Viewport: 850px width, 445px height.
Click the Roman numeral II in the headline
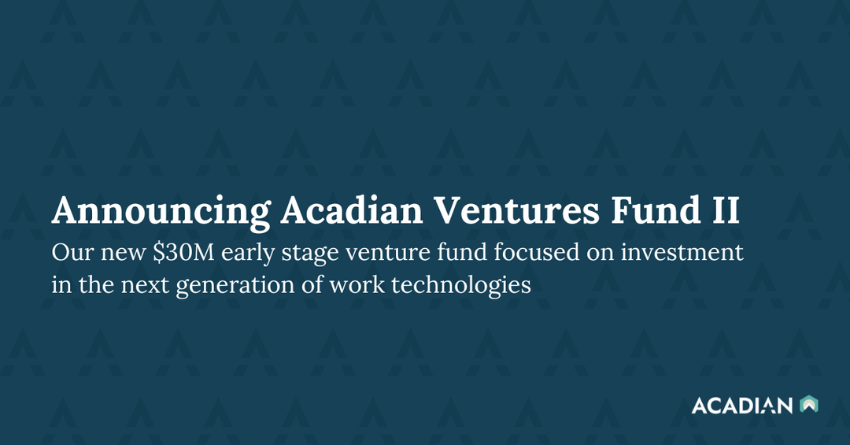[x=726, y=210]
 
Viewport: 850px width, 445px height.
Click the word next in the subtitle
[x=146, y=284]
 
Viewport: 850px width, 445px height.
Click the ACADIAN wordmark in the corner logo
[x=742, y=406]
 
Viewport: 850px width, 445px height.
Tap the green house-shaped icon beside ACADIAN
[x=808, y=405]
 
